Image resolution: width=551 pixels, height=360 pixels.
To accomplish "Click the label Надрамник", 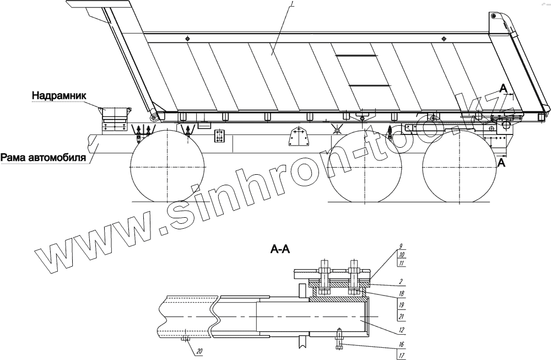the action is (x=59, y=95).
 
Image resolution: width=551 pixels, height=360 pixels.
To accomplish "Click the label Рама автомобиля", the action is (x=43, y=158).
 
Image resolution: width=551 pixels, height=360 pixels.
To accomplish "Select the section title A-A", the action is (x=280, y=249).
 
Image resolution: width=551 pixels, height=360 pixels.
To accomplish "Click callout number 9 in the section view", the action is (x=401, y=246).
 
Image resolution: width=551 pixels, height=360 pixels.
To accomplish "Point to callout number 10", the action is (x=402, y=255).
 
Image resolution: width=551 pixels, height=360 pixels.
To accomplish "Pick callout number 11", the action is (x=402, y=263).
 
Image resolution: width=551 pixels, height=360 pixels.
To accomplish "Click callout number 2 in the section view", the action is (x=401, y=282).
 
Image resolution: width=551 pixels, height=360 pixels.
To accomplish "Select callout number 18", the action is (x=402, y=293).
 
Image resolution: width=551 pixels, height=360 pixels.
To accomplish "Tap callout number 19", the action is (x=402, y=305).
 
